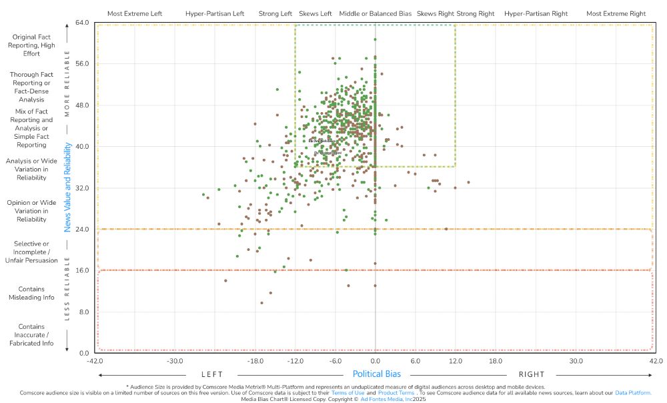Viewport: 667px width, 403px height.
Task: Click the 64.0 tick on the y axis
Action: pyautogui.click(x=83, y=23)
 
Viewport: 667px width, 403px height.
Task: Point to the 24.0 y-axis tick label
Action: pyautogui.click(x=83, y=229)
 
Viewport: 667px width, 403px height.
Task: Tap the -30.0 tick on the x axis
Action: pyautogui.click(x=175, y=361)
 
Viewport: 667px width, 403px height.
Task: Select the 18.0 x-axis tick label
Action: pyautogui.click(x=496, y=361)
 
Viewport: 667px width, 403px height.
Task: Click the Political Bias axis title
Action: pyautogui.click(x=376, y=374)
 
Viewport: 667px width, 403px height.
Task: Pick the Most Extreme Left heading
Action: pyautogui.click(x=134, y=13)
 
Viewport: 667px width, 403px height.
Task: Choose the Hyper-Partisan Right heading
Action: pyautogui.click(x=536, y=13)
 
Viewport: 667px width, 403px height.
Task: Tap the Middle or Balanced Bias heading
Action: pyautogui.click(x=375, y=13)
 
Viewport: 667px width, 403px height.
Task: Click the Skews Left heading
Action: pyautogui.click(x=315, y=13)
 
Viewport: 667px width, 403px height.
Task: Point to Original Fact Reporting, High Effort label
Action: pyautogui.click(x=31, y=44)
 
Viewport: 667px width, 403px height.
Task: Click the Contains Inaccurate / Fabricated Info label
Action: pyautogui.click(x=31, y=334)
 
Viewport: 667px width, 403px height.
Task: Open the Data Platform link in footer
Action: pyautogui.click(x=633, y=393)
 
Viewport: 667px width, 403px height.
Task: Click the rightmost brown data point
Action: pyautogui.click(x=469, y=182)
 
